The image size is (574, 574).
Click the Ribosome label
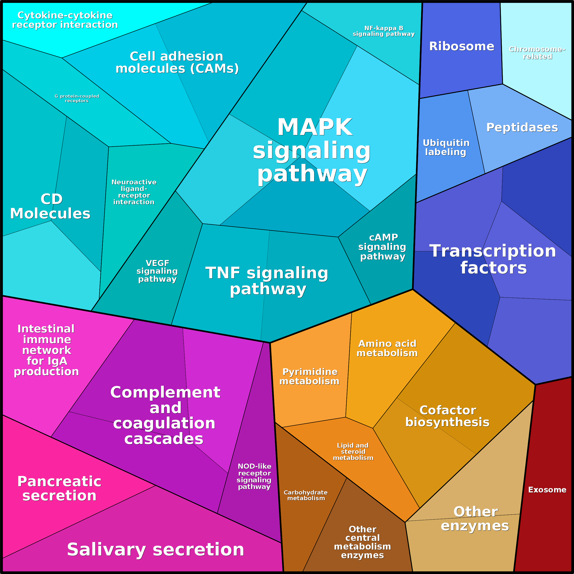[x=461, y=46]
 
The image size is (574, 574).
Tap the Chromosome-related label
[x=537, y=53]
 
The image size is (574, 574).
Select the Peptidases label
[x=522, y=128]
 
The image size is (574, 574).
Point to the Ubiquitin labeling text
[x=446, y=147]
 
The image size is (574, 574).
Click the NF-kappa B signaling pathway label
[x=384, y=31]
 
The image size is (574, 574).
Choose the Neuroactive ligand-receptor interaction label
[x=134, y=192]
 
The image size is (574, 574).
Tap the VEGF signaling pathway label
[x=157, y=271]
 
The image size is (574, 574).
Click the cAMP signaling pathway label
[x=382, y=247]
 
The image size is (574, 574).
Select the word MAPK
[x=315, y=127]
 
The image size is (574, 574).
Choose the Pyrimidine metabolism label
[x=309, y=376]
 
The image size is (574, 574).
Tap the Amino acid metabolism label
[x=387, y=348]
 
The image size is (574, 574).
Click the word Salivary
[x=106, y=549]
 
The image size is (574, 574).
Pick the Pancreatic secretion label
[x=59, y=489]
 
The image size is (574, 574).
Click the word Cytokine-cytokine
[x=65, y=15]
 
